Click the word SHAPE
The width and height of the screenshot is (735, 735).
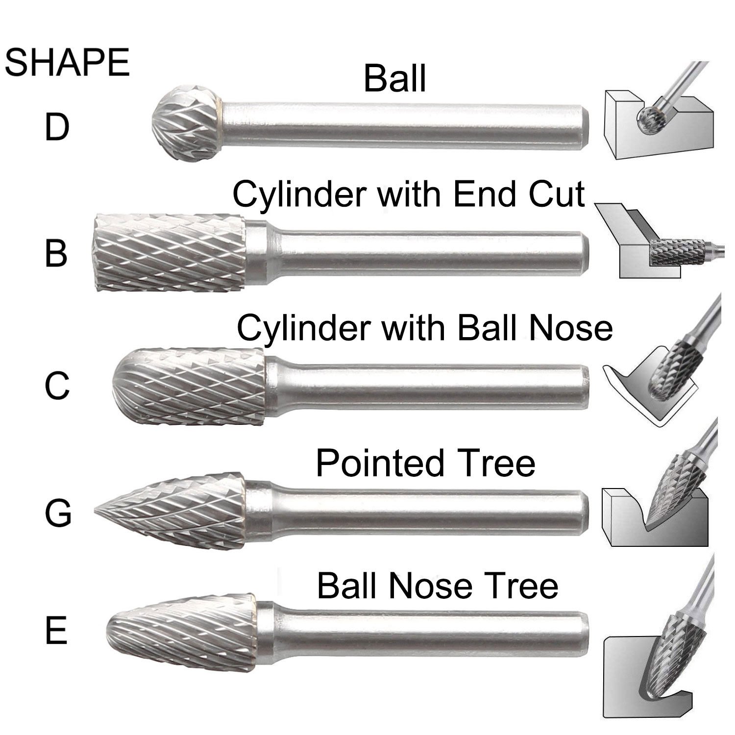67,63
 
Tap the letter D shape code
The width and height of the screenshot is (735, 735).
57,126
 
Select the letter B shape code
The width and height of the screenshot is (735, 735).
56,253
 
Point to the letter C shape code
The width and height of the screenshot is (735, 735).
57,386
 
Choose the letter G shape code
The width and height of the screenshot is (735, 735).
58,513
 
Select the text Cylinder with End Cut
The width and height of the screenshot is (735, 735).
408,194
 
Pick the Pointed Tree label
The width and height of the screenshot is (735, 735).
425,463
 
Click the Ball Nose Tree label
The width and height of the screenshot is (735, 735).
437,586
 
